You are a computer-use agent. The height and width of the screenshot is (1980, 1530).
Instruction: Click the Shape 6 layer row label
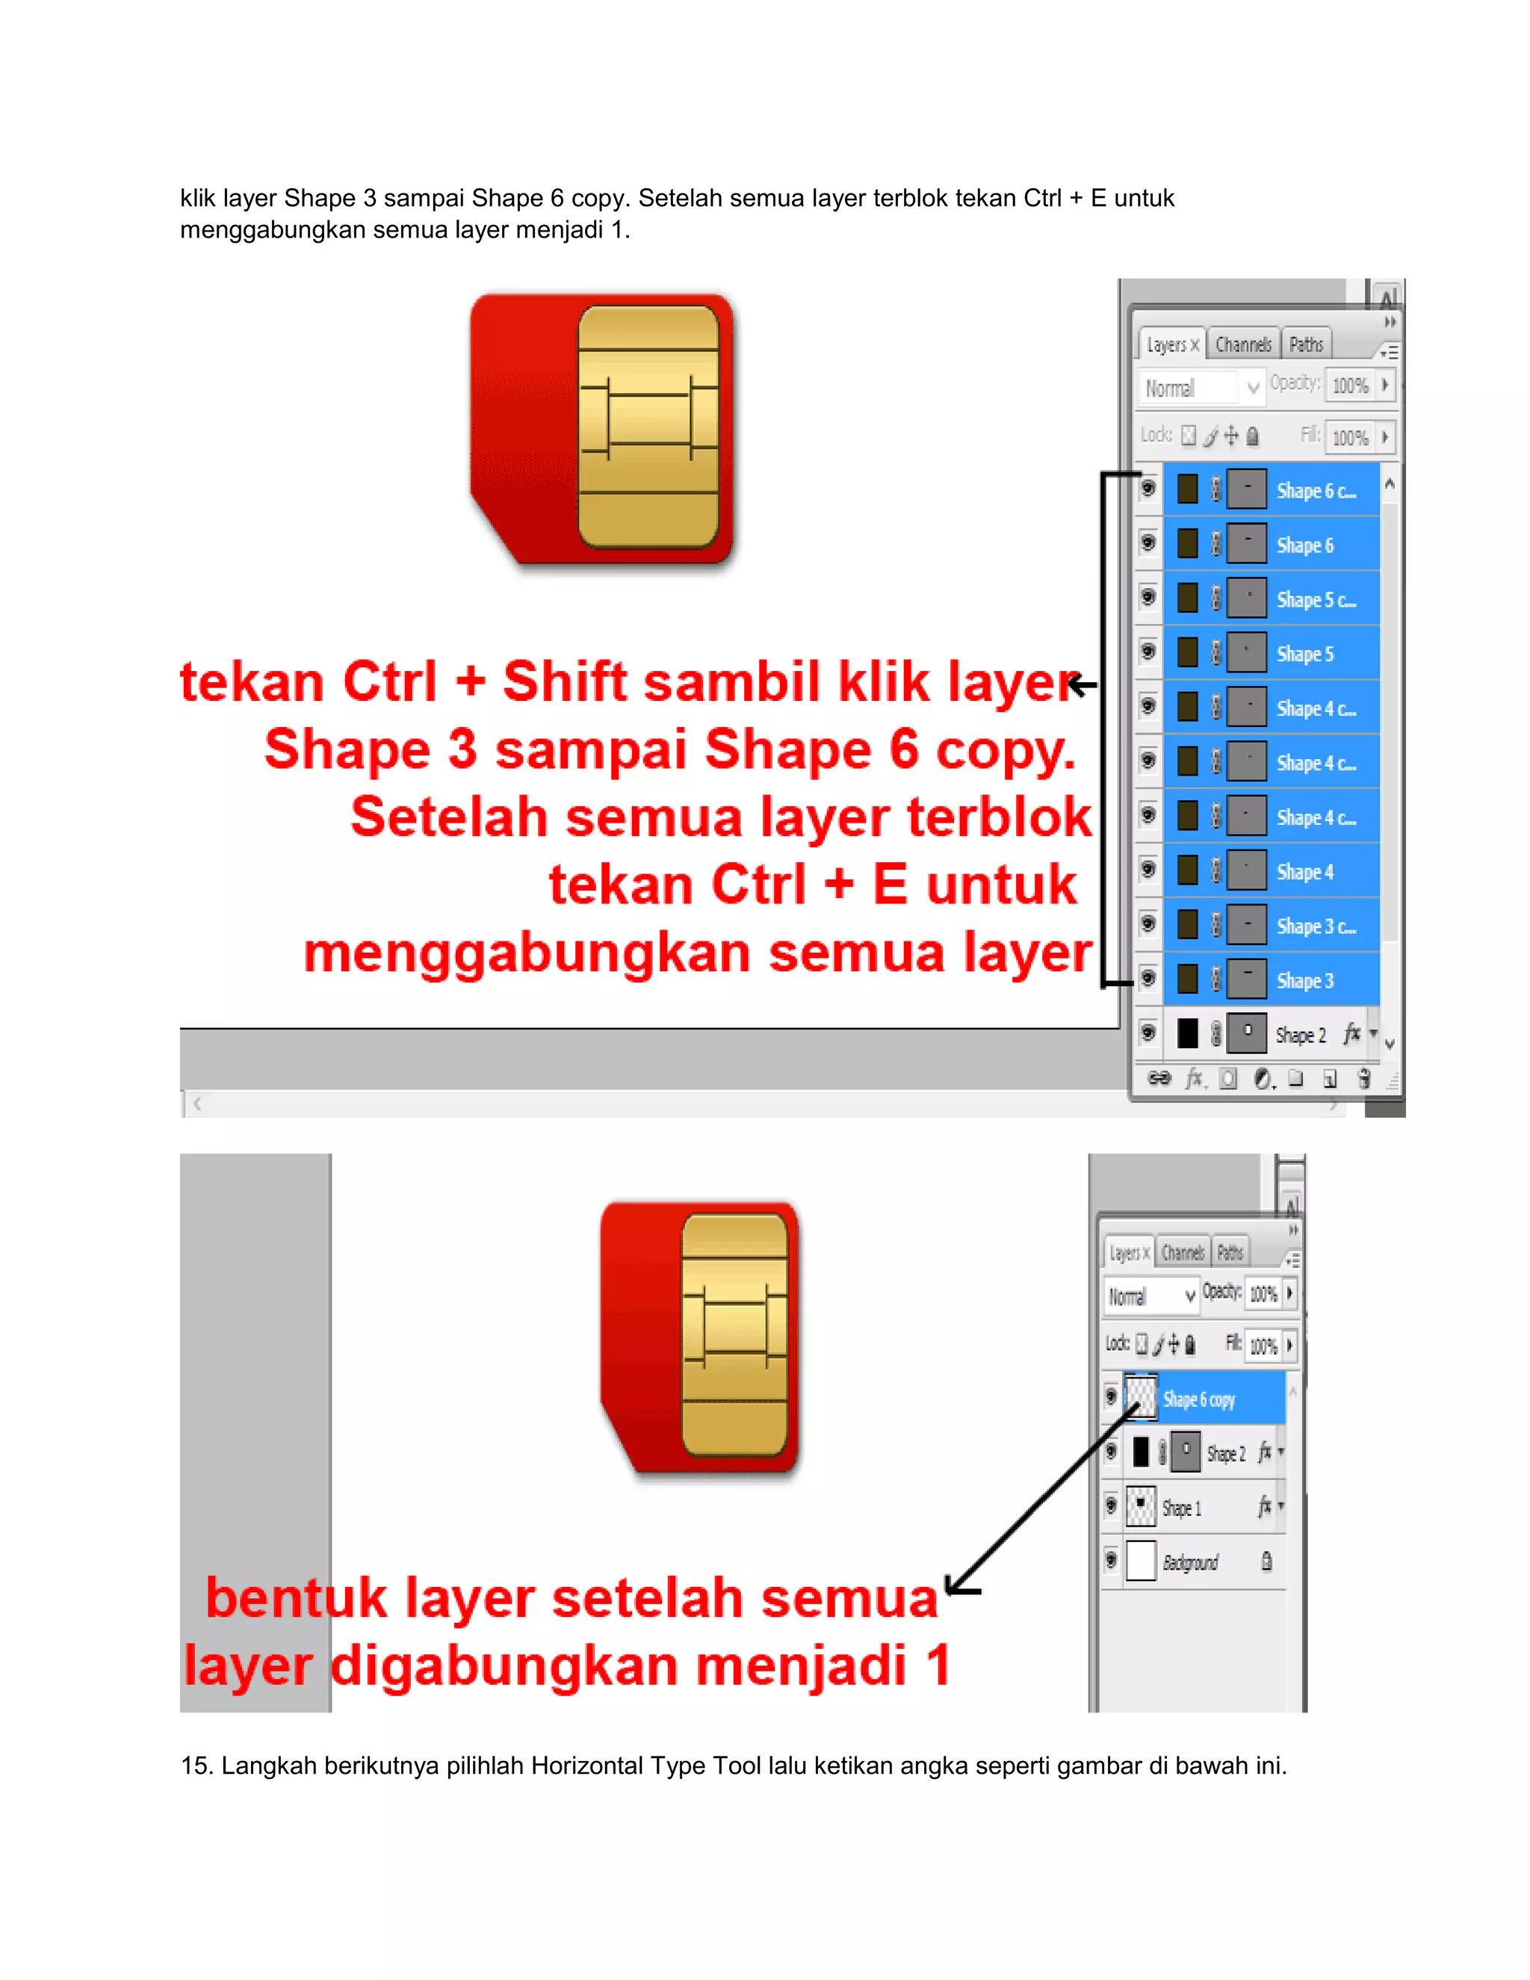(1304, 545)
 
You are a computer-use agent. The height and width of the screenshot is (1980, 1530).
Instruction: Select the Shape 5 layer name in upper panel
(1304, 654)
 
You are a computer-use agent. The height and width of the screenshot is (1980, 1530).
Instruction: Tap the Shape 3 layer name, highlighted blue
(1304, 980)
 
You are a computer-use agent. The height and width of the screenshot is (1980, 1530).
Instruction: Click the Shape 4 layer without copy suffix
(1304, 871)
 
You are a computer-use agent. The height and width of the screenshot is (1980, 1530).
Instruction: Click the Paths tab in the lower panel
(1229, 1253)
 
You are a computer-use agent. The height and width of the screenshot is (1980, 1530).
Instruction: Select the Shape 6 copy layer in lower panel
(1198, 1399)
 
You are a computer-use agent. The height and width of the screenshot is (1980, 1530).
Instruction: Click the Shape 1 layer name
(1181, 1509)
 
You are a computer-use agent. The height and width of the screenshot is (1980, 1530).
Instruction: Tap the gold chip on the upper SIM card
(648, 427)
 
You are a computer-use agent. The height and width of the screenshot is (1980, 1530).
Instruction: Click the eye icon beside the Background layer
(1111, 1560)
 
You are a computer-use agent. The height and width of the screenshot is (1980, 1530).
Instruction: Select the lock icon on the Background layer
(1266, 1561)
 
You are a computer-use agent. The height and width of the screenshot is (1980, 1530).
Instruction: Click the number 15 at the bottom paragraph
(195, 1766)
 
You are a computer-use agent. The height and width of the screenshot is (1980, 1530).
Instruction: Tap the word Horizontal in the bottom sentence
(586, 1766)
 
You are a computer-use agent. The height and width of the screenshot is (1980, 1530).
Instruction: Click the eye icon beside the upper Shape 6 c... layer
(1147, 489)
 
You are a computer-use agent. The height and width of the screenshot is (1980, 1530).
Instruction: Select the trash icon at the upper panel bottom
(1363, 1079)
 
